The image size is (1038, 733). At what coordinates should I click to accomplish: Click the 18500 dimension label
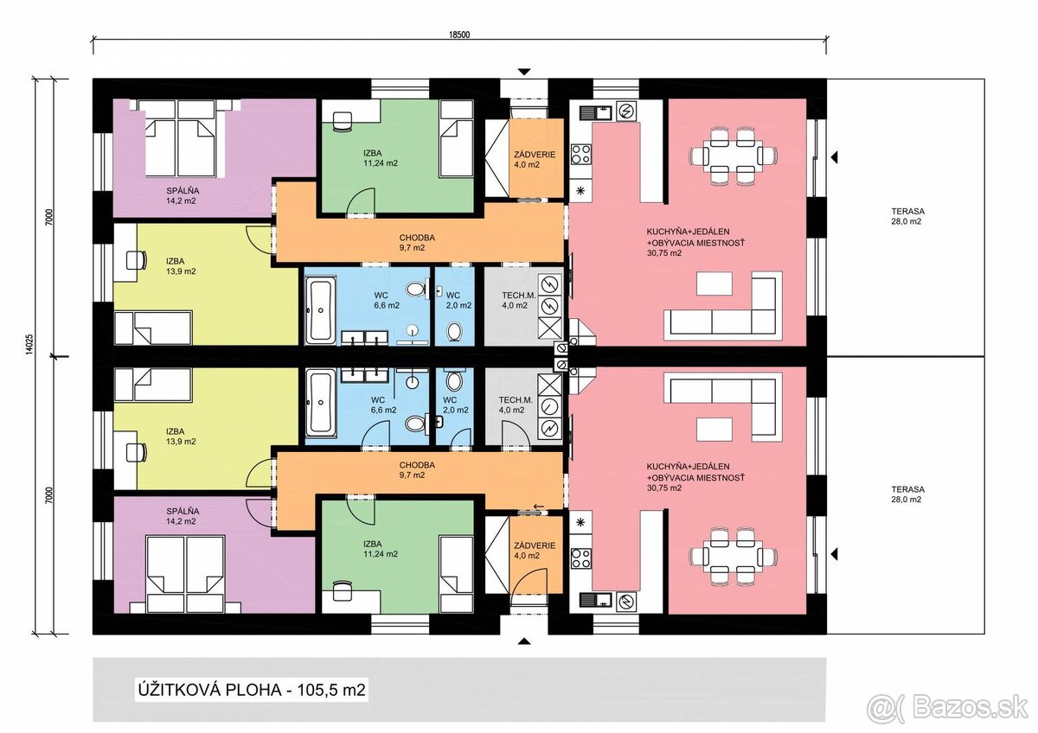(x=459, y=35)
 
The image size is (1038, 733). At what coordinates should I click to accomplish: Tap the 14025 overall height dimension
(x=30, y=344)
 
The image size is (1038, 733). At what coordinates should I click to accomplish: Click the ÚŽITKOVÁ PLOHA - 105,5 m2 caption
(x=252, y=690)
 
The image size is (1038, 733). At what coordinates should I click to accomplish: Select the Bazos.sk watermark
(x=949, y=709)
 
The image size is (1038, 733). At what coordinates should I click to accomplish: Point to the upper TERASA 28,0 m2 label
(x=907, y=216)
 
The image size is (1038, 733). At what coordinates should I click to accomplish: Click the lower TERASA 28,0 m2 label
(x=907, y=494)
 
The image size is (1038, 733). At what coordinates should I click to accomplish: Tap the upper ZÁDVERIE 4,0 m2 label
(x=535, y=159)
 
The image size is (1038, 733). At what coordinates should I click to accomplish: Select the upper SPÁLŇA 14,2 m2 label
(x=183, y=196)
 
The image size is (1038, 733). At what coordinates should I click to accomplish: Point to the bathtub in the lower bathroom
(x=321, y=403)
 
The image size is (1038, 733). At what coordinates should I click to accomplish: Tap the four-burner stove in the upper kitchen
(x=580, y=154)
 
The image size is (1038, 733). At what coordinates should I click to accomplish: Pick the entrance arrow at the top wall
(x=524, y=72)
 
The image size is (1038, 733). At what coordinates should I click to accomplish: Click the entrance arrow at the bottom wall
(x=524, y=641)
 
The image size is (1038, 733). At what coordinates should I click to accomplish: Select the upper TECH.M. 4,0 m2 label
(x=518, y=300)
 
